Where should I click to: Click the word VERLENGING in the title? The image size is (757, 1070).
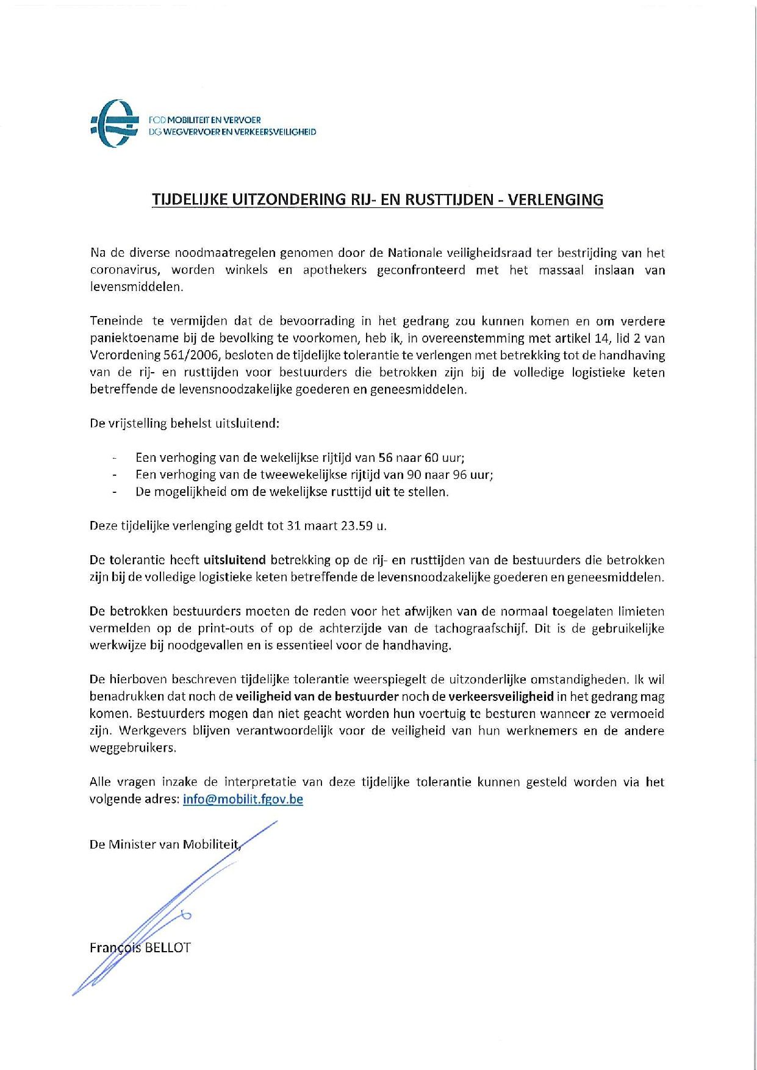pyautogui.click(x=556, y=200)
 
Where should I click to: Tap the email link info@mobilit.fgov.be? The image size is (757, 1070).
pyautogui.click(x=243, y=799)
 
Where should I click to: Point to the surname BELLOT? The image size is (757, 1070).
pyautogui.click(x=168, y=947)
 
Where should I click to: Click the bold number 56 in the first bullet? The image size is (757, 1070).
pyautogui.click(x=386, y=458)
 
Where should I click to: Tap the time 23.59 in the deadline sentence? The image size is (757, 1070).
pyautogui.click(x=356, y=526)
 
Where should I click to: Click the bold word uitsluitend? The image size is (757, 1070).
pyautogui.click(x=235, y=560)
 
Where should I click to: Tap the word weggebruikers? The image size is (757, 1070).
pyautogui.click(x=133, y=748)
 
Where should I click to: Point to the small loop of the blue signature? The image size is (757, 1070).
pyautogui.click(x=186, y=914)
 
